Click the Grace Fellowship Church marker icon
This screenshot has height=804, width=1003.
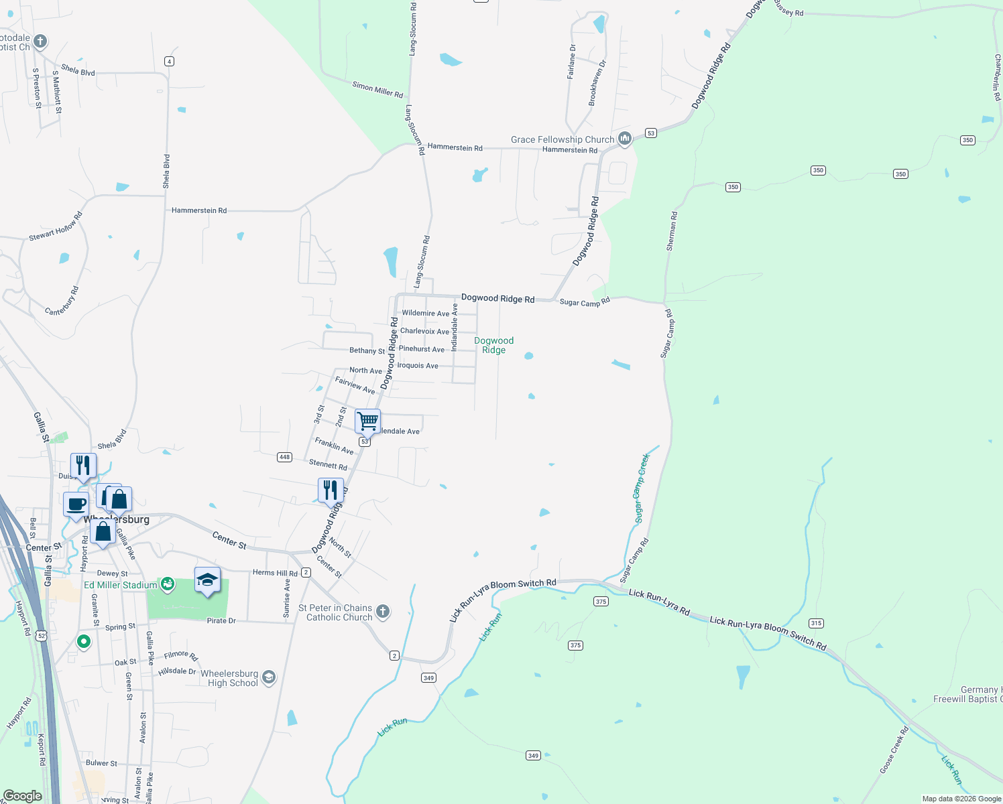(x=625, y=139)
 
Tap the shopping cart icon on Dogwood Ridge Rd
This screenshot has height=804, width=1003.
(x=367, y=421)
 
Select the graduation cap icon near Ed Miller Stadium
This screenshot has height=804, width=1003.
(x=207, y=580)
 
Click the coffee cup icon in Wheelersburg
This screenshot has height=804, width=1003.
(x=76, y=504)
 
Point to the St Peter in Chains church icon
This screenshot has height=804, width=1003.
(x=383, y=611)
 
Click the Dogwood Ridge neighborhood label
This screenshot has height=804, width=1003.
(x=493, y=345)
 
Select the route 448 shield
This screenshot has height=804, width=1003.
(x=284, y=457)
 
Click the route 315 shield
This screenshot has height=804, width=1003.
(x=816, y=623)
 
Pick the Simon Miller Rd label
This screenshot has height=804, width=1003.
(x=377, y=90)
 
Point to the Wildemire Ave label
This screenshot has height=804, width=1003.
(x=425, y=313)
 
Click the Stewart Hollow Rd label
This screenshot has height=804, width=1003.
(x=56, y=227)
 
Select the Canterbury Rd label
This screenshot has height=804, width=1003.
(x=62, y=301)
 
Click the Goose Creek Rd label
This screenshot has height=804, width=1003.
(x=895, y=750)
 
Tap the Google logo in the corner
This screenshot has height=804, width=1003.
(x=23, y=795)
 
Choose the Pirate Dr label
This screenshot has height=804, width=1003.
(x=221, y=621)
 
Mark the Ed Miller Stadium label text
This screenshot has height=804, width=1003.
(x=121, y=585)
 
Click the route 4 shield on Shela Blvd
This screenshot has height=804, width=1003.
(x=169, y=61)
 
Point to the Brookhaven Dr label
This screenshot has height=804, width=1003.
(x=597, y=83)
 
